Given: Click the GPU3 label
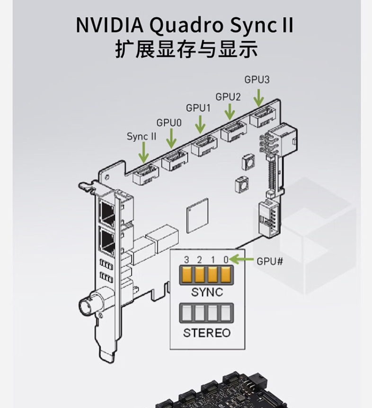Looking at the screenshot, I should [257, 80].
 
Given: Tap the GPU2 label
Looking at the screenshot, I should [228, 97].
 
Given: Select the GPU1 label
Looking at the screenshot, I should [198, 108].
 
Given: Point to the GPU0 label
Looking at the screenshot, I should [169, 123].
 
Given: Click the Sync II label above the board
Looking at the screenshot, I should [141, 136].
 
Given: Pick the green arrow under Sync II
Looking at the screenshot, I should [142, 153].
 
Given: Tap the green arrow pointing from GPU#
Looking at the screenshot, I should [242, 259].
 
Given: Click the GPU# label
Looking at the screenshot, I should [270, 260].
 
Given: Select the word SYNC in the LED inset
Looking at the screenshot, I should [207, 292].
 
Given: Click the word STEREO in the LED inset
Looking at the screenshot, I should [207, 333].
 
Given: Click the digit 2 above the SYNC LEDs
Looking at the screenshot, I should [199, 260].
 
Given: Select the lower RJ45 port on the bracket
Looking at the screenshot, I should [107, 241].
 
